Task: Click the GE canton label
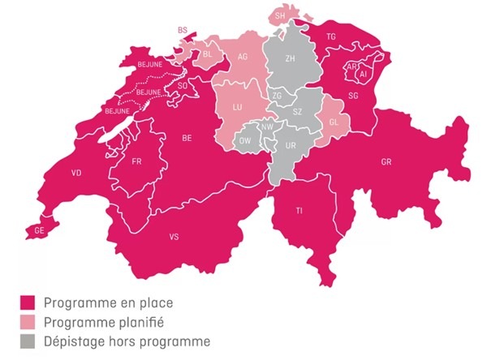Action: (x=40, y=231)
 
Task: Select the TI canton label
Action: (x=299, y=211)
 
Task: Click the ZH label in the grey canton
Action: (x=291, y=59)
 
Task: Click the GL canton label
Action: (x=333, y=122)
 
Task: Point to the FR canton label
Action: (x=137, y=161)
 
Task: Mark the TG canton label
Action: (x=331, y=37)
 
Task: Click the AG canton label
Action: (x=243, y=58)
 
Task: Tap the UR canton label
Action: (x=291, y=145)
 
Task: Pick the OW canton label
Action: (x=245, y=140)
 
